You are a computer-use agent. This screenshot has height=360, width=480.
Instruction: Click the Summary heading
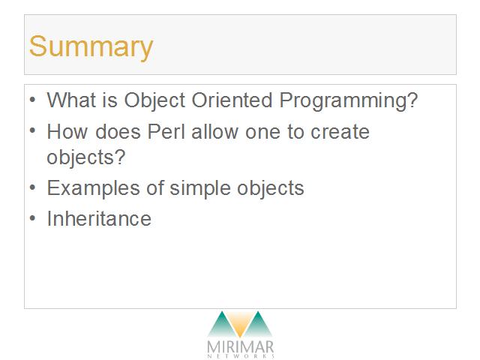91,46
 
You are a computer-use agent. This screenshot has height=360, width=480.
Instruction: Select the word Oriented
232,100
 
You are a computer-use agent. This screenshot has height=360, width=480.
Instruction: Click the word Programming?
349,101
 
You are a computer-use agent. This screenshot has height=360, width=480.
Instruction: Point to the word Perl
166,132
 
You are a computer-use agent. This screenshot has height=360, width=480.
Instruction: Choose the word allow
215,132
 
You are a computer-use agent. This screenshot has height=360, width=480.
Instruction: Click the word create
340,132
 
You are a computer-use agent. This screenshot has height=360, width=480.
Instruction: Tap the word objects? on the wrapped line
86,157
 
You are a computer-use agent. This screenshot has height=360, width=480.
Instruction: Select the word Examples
93,188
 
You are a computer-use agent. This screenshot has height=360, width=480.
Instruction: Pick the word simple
200,188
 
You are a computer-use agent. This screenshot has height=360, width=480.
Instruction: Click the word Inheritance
99,218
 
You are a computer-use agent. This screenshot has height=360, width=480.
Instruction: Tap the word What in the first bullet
71,100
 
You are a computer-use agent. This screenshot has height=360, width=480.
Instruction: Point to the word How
67,132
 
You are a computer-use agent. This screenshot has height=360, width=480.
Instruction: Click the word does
118,132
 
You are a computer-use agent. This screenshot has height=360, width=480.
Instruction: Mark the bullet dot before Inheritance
33,218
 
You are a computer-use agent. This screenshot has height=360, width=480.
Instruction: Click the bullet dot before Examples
33,187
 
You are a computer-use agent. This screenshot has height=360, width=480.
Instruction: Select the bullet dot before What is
33,100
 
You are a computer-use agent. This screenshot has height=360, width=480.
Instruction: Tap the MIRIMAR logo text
241,347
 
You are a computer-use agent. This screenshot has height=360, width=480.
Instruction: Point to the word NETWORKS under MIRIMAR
241,356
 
